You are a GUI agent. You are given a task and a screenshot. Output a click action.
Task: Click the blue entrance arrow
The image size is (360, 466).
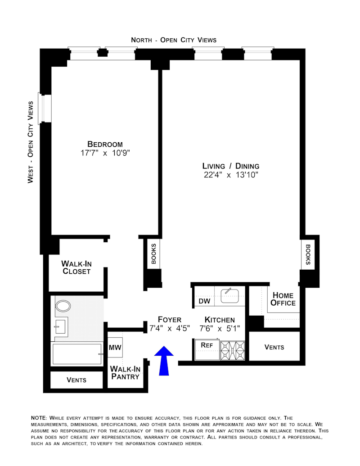(163, 360)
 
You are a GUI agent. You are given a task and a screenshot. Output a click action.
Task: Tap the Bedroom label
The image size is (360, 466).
(105, 144)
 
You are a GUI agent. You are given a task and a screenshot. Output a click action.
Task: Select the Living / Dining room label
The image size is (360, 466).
(231, 166)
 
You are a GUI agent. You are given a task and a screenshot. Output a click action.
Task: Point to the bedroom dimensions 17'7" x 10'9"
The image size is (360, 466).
(105, 153)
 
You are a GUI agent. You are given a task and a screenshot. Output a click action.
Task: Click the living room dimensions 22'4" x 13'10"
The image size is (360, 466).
(231, 175)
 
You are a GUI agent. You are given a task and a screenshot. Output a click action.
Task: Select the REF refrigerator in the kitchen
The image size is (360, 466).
(207, 345)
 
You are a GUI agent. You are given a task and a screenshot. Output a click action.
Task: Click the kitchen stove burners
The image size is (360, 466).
(233, 350)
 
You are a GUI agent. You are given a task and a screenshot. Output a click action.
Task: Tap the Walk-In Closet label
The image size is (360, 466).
(76, 267)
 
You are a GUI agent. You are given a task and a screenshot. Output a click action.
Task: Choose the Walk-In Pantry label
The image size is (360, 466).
(125, 372)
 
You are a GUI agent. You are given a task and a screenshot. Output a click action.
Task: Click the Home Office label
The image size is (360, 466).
(283, 299)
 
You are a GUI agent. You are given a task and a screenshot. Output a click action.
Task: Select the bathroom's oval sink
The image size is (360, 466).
(63, 307)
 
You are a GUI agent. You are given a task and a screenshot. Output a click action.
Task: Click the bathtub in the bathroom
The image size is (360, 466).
(76, 354)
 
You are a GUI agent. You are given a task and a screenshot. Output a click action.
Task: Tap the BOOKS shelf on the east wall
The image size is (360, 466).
(308, 255)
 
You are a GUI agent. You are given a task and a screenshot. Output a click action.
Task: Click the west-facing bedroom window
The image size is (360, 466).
(45, 108)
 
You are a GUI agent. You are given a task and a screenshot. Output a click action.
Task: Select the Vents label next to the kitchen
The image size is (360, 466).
(274, 347)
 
